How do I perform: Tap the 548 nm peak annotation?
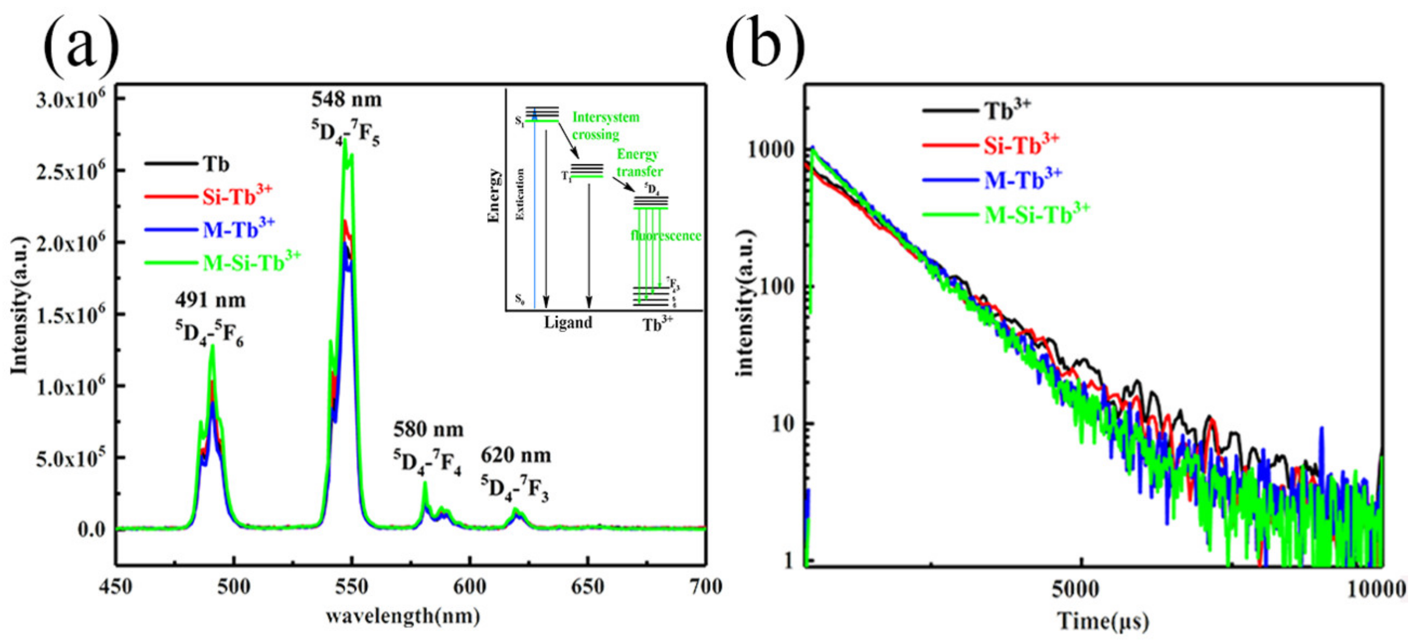tap(346, 99)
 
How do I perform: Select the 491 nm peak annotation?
tap(210, 300)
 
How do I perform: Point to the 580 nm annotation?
tap(428, 429)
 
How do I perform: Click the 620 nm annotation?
tap(515, 455)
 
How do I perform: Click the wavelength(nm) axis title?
tap(402, 616)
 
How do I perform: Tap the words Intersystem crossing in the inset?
tap(605, 125)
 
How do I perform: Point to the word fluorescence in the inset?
tap(666, 236)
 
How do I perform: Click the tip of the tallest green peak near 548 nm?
tap(345, 140)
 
